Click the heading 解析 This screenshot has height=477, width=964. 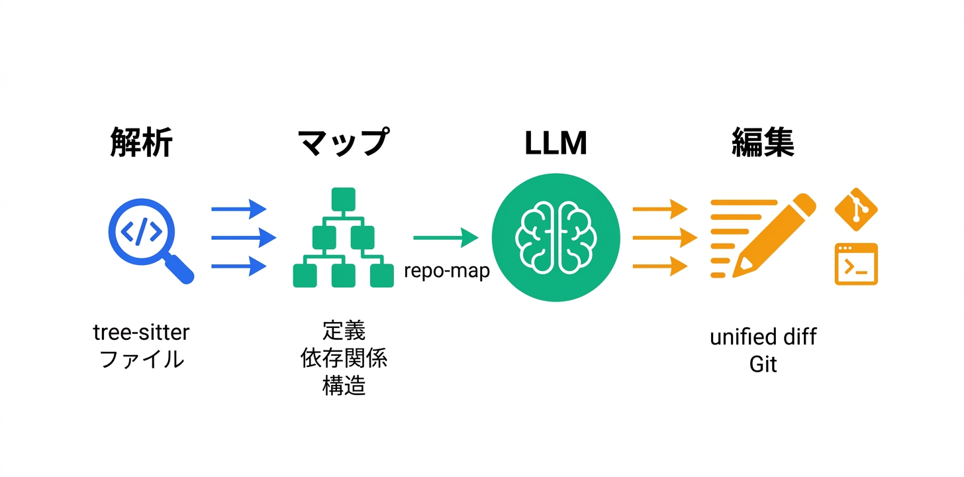click(141, 143)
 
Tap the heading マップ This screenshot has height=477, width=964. click(342, 143)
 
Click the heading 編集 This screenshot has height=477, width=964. click(763, 143)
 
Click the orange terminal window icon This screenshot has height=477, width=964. click(856, 264)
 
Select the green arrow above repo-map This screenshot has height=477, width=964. click(446, 237)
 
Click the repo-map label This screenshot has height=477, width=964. click(447, 271)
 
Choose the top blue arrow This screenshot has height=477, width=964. click(238, 209)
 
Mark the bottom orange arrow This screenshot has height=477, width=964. click(659, 266)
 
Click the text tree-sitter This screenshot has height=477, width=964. click(141, 332)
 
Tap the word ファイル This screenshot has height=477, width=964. click(141, 360)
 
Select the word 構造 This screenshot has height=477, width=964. click(344, 386)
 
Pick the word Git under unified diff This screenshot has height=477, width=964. click(763, 364)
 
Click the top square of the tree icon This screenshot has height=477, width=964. click(344, 198)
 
